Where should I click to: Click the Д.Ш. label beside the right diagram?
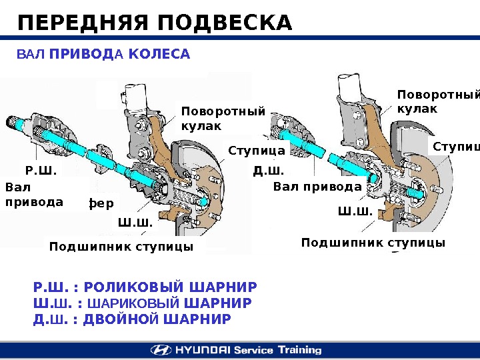pyautogui.click(x=268, y=171)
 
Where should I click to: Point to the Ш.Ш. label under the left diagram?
pyautogui.click(x=135, y=222)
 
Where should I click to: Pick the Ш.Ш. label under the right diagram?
pyautogui.click(x=355, y=212)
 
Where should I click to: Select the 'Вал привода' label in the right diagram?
pyautogui.click(x=317, y=187)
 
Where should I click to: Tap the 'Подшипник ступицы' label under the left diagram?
pyautogui.click(x=121, y=247)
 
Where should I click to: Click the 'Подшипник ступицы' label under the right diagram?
pyautogui.click(x=373, y=243)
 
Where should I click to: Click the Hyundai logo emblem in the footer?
pyautogui.click(x=160, y=350)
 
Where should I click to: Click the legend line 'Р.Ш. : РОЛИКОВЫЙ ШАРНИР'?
pyautogui.click(x=145, y=287)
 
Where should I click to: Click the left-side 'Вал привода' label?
pyautogui.click(x=34, y=195)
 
